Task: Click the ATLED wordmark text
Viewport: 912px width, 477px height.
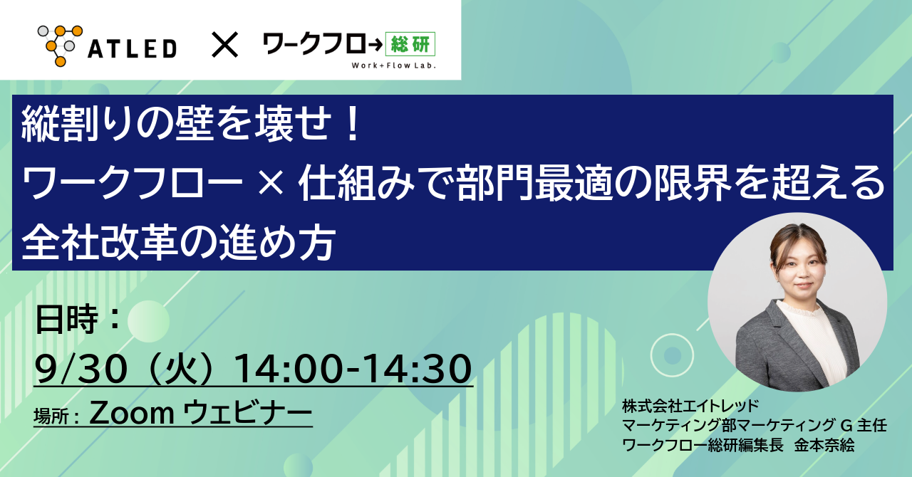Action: (133, 49)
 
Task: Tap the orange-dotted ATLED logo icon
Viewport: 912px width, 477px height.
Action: (61, 46)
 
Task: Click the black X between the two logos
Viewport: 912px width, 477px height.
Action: (224, 45)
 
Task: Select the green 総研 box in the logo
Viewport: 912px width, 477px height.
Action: (410, 44)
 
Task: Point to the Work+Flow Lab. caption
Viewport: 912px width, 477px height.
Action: (394, 65)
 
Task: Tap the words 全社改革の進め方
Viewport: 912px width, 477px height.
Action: (179, 243)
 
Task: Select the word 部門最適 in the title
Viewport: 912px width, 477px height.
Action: (534, 183)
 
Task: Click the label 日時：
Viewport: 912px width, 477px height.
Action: (78, 320)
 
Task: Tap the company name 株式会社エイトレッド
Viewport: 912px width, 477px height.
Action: (690, 406)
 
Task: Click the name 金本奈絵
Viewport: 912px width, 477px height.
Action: (824, 445)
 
